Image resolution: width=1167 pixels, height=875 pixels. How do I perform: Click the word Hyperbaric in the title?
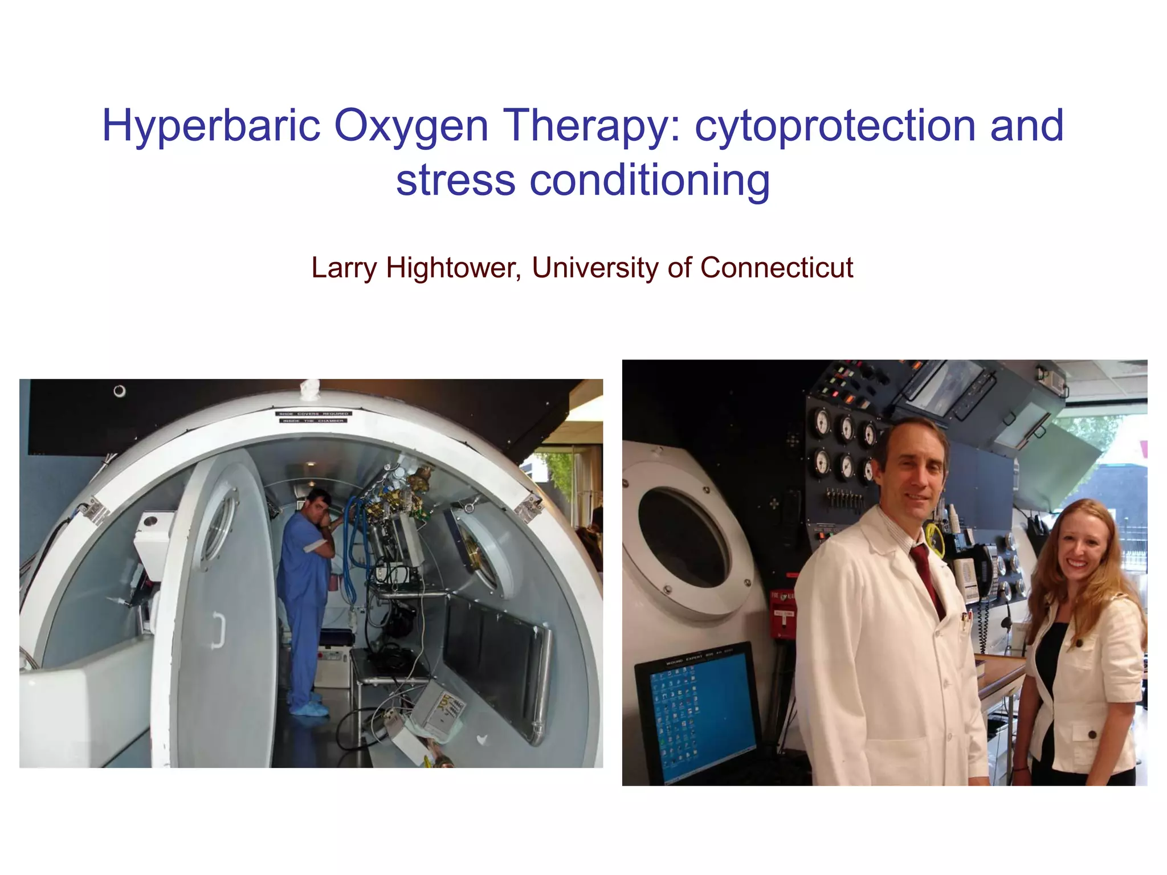click(211, 126)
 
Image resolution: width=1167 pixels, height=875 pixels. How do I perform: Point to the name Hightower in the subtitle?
click(454, 268)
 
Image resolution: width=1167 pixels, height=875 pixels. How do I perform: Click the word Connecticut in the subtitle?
click(776, 268)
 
